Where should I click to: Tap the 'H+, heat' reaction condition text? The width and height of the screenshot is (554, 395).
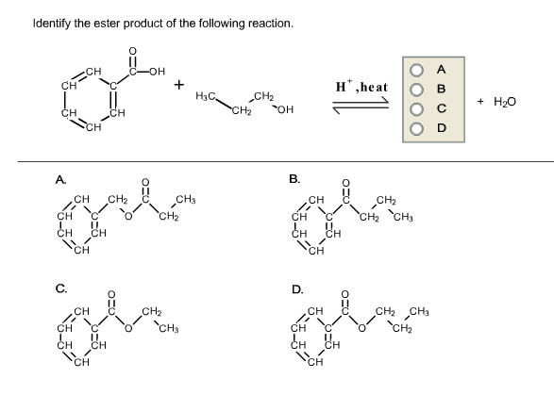[360, 87]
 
